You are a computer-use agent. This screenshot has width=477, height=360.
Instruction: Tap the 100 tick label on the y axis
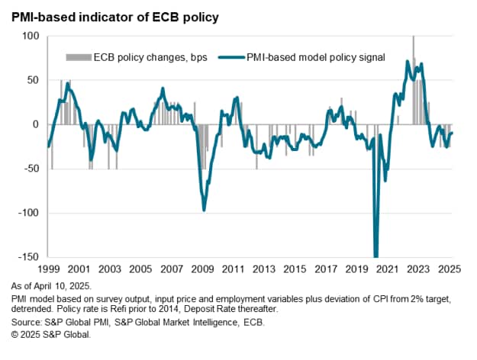(x=30, y=36)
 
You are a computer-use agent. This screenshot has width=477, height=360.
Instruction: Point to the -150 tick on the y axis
(x=27, y=257)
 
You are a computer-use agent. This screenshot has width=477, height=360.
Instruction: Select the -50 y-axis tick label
(x=29, y=169)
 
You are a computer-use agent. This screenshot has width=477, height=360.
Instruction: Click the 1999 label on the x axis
(x=47, y=269)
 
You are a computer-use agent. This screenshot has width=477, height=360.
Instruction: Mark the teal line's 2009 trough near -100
(x=204, y=209)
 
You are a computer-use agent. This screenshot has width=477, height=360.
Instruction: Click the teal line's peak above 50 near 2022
(x=408, y=62)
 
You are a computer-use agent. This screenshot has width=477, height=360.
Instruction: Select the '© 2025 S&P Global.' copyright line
(x=52, y=335)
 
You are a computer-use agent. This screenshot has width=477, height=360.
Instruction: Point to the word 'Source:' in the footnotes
(x=23, y=323)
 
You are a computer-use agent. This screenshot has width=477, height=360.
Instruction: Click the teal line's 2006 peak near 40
(x=162, y=89)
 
